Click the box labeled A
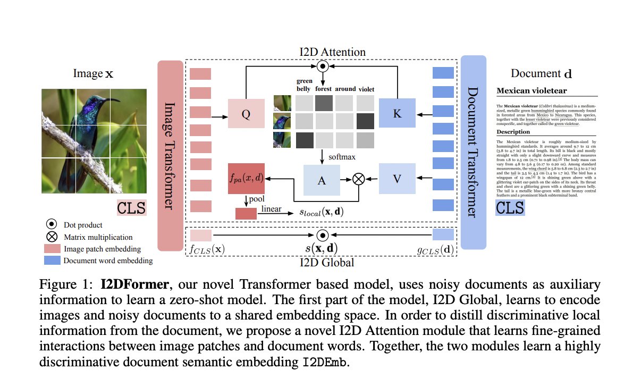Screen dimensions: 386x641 click(321, 180)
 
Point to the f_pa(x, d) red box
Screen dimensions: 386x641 click(245, 177)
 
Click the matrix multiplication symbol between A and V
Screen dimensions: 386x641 click(359, 179)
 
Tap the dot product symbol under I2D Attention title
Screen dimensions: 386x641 click(322, 66)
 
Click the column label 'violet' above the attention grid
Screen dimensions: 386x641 click(366, 89)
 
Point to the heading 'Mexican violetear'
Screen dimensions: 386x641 click(531, 91)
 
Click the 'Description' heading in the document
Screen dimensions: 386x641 click(513, 131)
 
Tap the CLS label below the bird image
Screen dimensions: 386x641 click(131, 207)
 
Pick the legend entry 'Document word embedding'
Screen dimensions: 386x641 click(107, 261)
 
